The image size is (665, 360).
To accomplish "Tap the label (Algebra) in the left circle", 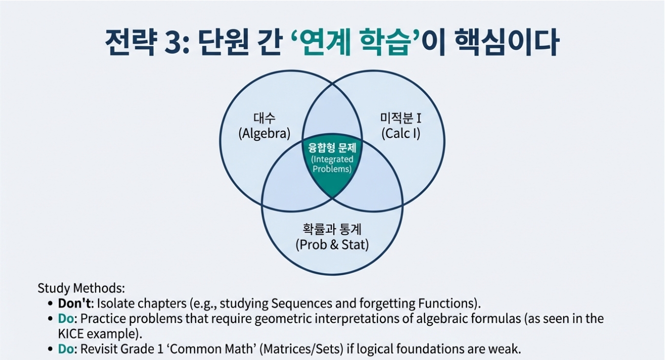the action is pyautogui.click(x=264, y=133).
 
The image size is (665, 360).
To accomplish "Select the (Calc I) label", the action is pyautogui.click(x=401, y=133).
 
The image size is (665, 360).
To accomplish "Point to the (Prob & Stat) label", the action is pyautogui.click(x=332, y=244).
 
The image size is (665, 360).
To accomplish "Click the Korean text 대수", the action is pyautogui.click(x=264, y=118).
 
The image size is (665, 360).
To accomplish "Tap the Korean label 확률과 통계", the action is pyautogui.click(x=332, y=228).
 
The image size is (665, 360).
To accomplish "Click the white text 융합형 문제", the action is pyautogui.click(x=332, y=147).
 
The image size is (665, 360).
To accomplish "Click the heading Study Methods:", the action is pyautogui.click(x=82, y=288).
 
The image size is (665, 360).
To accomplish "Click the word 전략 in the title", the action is pyautogui.click(x=127, y=43).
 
